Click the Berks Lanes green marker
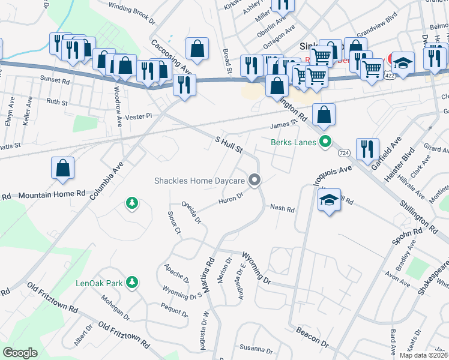[325, 142]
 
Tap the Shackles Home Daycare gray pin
[255, 180]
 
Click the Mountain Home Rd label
[52, 195]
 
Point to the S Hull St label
[228, 144]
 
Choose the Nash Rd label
[282, 209]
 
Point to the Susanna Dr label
[256, 348]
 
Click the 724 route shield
[344, 154]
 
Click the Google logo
[20, 353]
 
